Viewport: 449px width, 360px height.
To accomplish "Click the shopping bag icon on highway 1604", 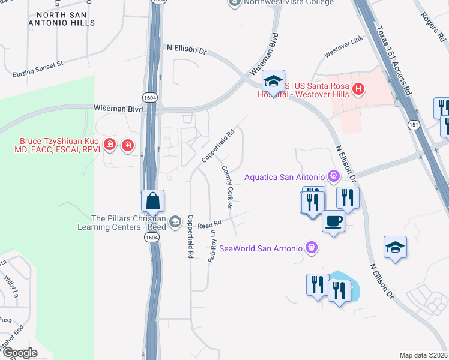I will pos(153,201).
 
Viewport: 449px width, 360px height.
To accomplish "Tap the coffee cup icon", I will pos(334,221).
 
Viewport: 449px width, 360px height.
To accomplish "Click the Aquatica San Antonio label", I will pos(285,177).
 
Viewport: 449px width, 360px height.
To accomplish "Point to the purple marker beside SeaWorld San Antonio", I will pos(311,247).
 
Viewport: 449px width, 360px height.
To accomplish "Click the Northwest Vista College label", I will pos(289,3).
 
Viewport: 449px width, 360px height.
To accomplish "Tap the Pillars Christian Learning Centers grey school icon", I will pos(175,222).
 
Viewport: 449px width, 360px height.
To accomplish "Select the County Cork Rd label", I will pos(228,187).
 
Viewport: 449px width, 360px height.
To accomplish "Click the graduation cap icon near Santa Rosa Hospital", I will pos(273,81).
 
